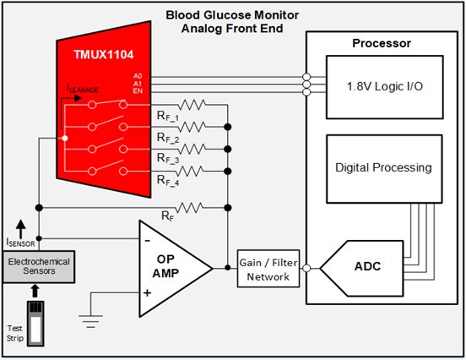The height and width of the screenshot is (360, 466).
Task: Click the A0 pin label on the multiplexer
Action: pos(138,75)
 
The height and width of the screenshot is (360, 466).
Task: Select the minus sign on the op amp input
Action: pos(148,239)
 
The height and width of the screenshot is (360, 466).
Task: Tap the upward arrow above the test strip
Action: pos(36,289)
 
